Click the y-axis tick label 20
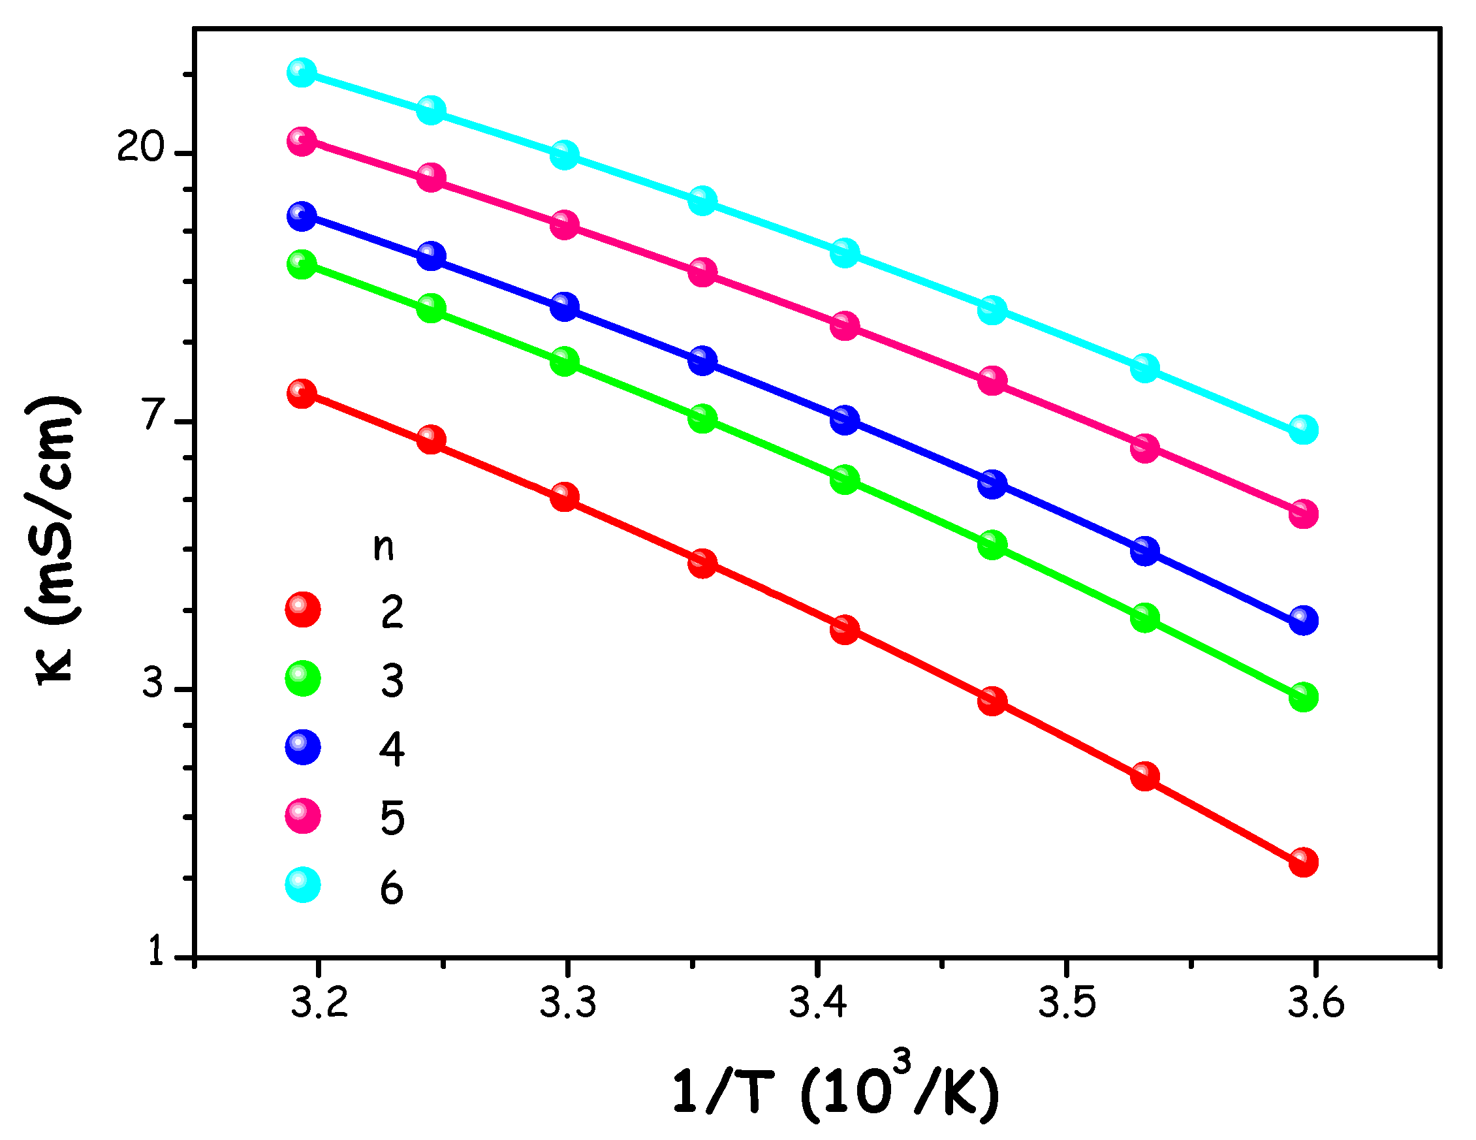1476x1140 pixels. coord(140,147)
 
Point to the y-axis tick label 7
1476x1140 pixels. coord(154,415)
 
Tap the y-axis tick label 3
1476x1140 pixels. coord(153,683)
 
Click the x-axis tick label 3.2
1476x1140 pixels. coord(319,1003)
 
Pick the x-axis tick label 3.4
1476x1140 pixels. coord(818,1003)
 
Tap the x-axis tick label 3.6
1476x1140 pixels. coord(1316,1003)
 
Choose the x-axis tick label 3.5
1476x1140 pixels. coord(1067,1003)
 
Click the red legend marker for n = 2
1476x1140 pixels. coord(303,610)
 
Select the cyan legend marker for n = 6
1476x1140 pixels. coord(303,885)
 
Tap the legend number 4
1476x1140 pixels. coord(392,749)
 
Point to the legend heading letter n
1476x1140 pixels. coord(383,547)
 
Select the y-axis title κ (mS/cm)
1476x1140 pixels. coord(54,541)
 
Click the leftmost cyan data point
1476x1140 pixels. coord(302,72)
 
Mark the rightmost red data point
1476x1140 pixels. coord(1304,863)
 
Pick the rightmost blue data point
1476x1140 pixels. coord(1304,620)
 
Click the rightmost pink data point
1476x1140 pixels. coord(1304,514)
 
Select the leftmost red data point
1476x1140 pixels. coord(302,393)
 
